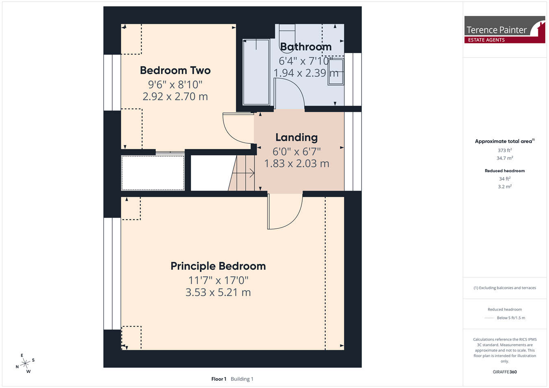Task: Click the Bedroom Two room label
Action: (175, 71)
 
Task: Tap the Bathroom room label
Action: (306, 47)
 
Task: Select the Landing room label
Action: (296, 137)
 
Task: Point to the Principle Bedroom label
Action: (218, 266)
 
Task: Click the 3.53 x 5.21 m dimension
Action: (218, 292)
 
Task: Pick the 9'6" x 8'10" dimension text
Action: (175, 85)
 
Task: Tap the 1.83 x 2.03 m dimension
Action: (296, 163)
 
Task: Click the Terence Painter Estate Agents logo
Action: (505, 30)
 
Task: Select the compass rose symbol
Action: (25, 364)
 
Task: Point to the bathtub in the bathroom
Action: (256, 72)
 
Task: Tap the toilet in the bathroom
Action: (287, 37)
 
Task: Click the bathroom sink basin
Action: (336, 72)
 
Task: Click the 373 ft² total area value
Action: (505, 150)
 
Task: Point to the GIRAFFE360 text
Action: (505, 372)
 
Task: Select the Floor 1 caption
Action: (219, 379)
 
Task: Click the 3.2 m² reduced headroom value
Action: (505, 186)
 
